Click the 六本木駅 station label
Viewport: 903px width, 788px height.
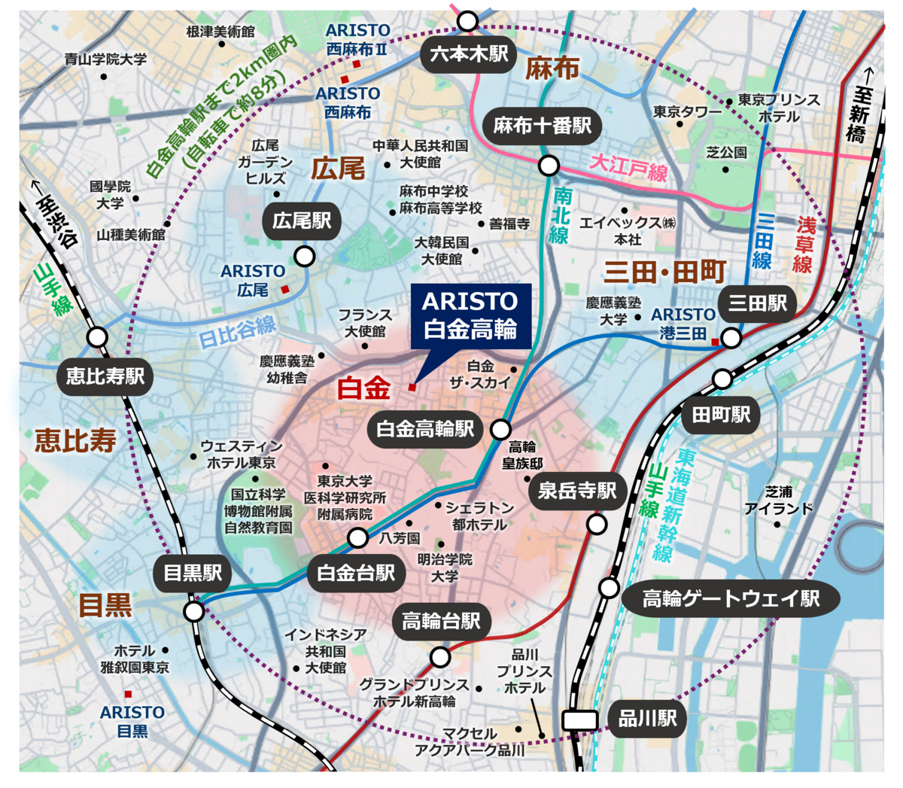click(x=469, y=54)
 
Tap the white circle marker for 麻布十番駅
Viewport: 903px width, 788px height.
click(x=549, y=165)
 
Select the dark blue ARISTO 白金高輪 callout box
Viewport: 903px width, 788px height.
click(x=471, y=315)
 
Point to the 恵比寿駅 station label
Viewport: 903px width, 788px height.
click(x=105, y=376)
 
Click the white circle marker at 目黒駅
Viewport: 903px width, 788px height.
click(x=193, y=611)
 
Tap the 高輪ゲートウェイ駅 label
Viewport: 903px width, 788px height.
click(x=730, y=598)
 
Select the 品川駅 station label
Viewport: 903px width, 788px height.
click(x=647, y=718)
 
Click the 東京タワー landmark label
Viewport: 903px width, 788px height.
click(x=686, y=111)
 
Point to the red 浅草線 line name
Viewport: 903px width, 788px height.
click(x=805, y=244)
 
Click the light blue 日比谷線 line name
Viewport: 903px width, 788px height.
click(x=237, y=331)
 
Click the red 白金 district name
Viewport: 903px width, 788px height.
click(x=363, y=388)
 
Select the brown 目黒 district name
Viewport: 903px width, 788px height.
click(x=105, y=604)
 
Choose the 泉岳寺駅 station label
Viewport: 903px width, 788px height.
click(x=577, y=491)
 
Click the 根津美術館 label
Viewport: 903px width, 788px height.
click(x=220, y=32)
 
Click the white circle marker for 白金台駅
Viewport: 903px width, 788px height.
click(x=358, y=537)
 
